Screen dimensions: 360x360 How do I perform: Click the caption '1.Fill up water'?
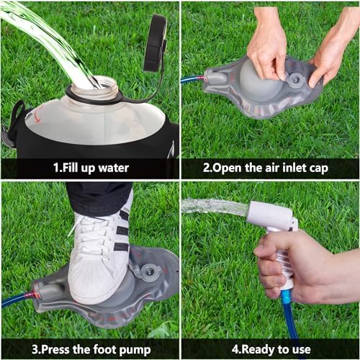91,168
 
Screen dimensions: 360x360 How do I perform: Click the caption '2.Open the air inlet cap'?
269,168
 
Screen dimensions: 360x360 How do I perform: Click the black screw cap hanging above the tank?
155,43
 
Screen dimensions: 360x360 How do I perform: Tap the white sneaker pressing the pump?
101,252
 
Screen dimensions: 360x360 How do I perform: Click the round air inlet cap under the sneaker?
150,272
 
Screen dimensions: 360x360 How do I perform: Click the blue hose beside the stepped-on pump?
14,297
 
